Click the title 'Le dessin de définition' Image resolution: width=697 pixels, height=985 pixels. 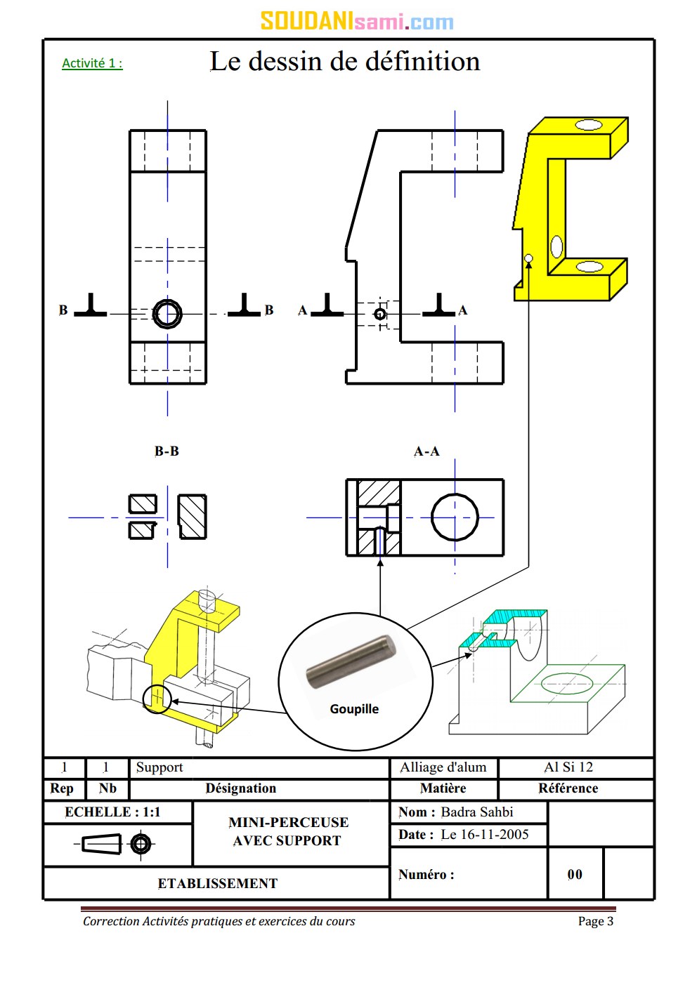(x=345, y=62)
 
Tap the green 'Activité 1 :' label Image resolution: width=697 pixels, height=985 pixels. (x=92, y=63)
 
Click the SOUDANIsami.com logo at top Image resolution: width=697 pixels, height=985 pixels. (x=357, y=21)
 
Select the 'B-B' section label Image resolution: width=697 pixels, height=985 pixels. (x=167, y=451)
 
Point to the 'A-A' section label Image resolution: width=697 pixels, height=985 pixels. (x=426, y=451)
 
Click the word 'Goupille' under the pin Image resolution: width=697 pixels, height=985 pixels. (x=354, y=709)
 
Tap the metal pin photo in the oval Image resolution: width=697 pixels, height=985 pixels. (x=351, y=661)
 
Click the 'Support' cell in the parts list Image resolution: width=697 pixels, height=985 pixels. (x=159, y=767)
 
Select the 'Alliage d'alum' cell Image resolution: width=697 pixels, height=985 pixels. (x=443, y=767)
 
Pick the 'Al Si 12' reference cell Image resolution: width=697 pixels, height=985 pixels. (x=568, y=767)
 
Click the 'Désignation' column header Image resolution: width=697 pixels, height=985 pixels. (x=240, y=788)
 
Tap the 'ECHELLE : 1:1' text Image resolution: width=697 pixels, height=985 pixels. (x=112, y=812)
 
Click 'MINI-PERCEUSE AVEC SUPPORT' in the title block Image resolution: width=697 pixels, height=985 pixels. (x=288, y=831)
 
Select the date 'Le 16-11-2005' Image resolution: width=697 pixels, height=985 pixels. (x=485, y=835)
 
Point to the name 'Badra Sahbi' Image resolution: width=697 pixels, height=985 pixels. (x=477, y=812)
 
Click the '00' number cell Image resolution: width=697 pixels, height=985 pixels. (x=575, y=875)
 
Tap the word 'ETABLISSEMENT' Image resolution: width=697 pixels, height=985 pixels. (x=217, y=884)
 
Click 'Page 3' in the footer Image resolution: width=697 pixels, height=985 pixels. (x=595, y=921)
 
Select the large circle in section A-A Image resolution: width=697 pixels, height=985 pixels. (x=455, y=517)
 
